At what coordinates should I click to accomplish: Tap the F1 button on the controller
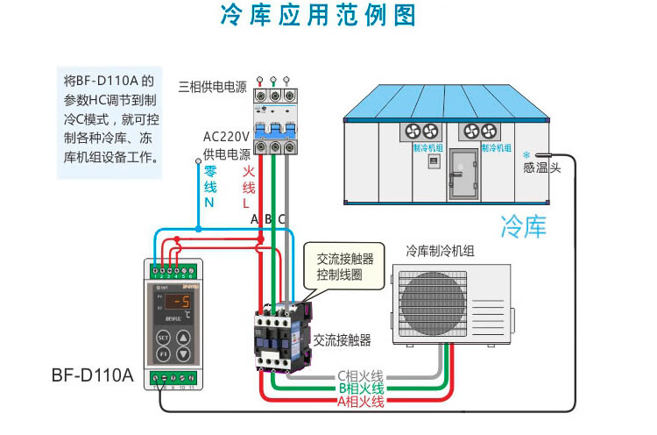pyautogui.click(x=162, y=354)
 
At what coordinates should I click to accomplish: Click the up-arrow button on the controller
pyautogui.click(x=183, y=337)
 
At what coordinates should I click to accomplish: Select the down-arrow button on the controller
pyautogui.click(x=183, y=354)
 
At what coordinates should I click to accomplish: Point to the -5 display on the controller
pyautogui.click(x=180, y=304)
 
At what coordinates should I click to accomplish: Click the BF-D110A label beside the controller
pyautogui.click(x=92, y=376)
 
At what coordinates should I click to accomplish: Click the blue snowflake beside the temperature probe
pyautogui.click(x=527, y=153)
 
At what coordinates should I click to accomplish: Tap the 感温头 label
pyautogui.click(x=541, y=167)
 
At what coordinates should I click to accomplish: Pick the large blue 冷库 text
pyautogui.click(x=523, y=226)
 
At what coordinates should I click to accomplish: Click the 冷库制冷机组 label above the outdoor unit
pyautogui.click(x=440, y=251)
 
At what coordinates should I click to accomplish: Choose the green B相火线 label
pyautogui.click(x=360, y=389)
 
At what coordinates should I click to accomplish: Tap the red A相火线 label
pyautogui.click(x=360, y=401)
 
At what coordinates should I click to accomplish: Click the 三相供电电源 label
pyautogui.click(x=212, y=86)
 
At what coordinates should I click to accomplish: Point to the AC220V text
pyautogui.click(x=227, y=137)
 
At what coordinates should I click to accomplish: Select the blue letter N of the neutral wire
pyautogui.click(x=209, y=202)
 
